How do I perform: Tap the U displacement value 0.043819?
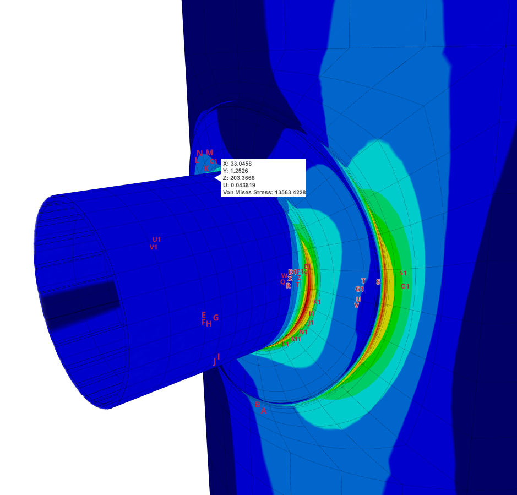click(x=244, y=185)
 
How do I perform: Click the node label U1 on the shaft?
click(x=157, y=240)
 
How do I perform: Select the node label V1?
click(x=154, y=247)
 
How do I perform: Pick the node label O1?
click(x=405, y=286)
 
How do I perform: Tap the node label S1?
click(x=403, y=273)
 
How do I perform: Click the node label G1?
click(x=360, y=289)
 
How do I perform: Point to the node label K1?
click(x=317, y=302)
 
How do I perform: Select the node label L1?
click(x=285, y=344)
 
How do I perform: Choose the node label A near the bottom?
click(x=264, y=411)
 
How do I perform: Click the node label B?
click(x=257, y=405)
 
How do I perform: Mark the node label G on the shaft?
click(x=216, y=318)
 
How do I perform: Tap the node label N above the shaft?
click(x=199, y=153)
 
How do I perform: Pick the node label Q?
click(x=282, y=282)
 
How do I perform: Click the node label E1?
click(x=307, y=266)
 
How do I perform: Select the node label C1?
click(x=214, y=161)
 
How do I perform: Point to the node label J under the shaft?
click(x=215, y=362)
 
